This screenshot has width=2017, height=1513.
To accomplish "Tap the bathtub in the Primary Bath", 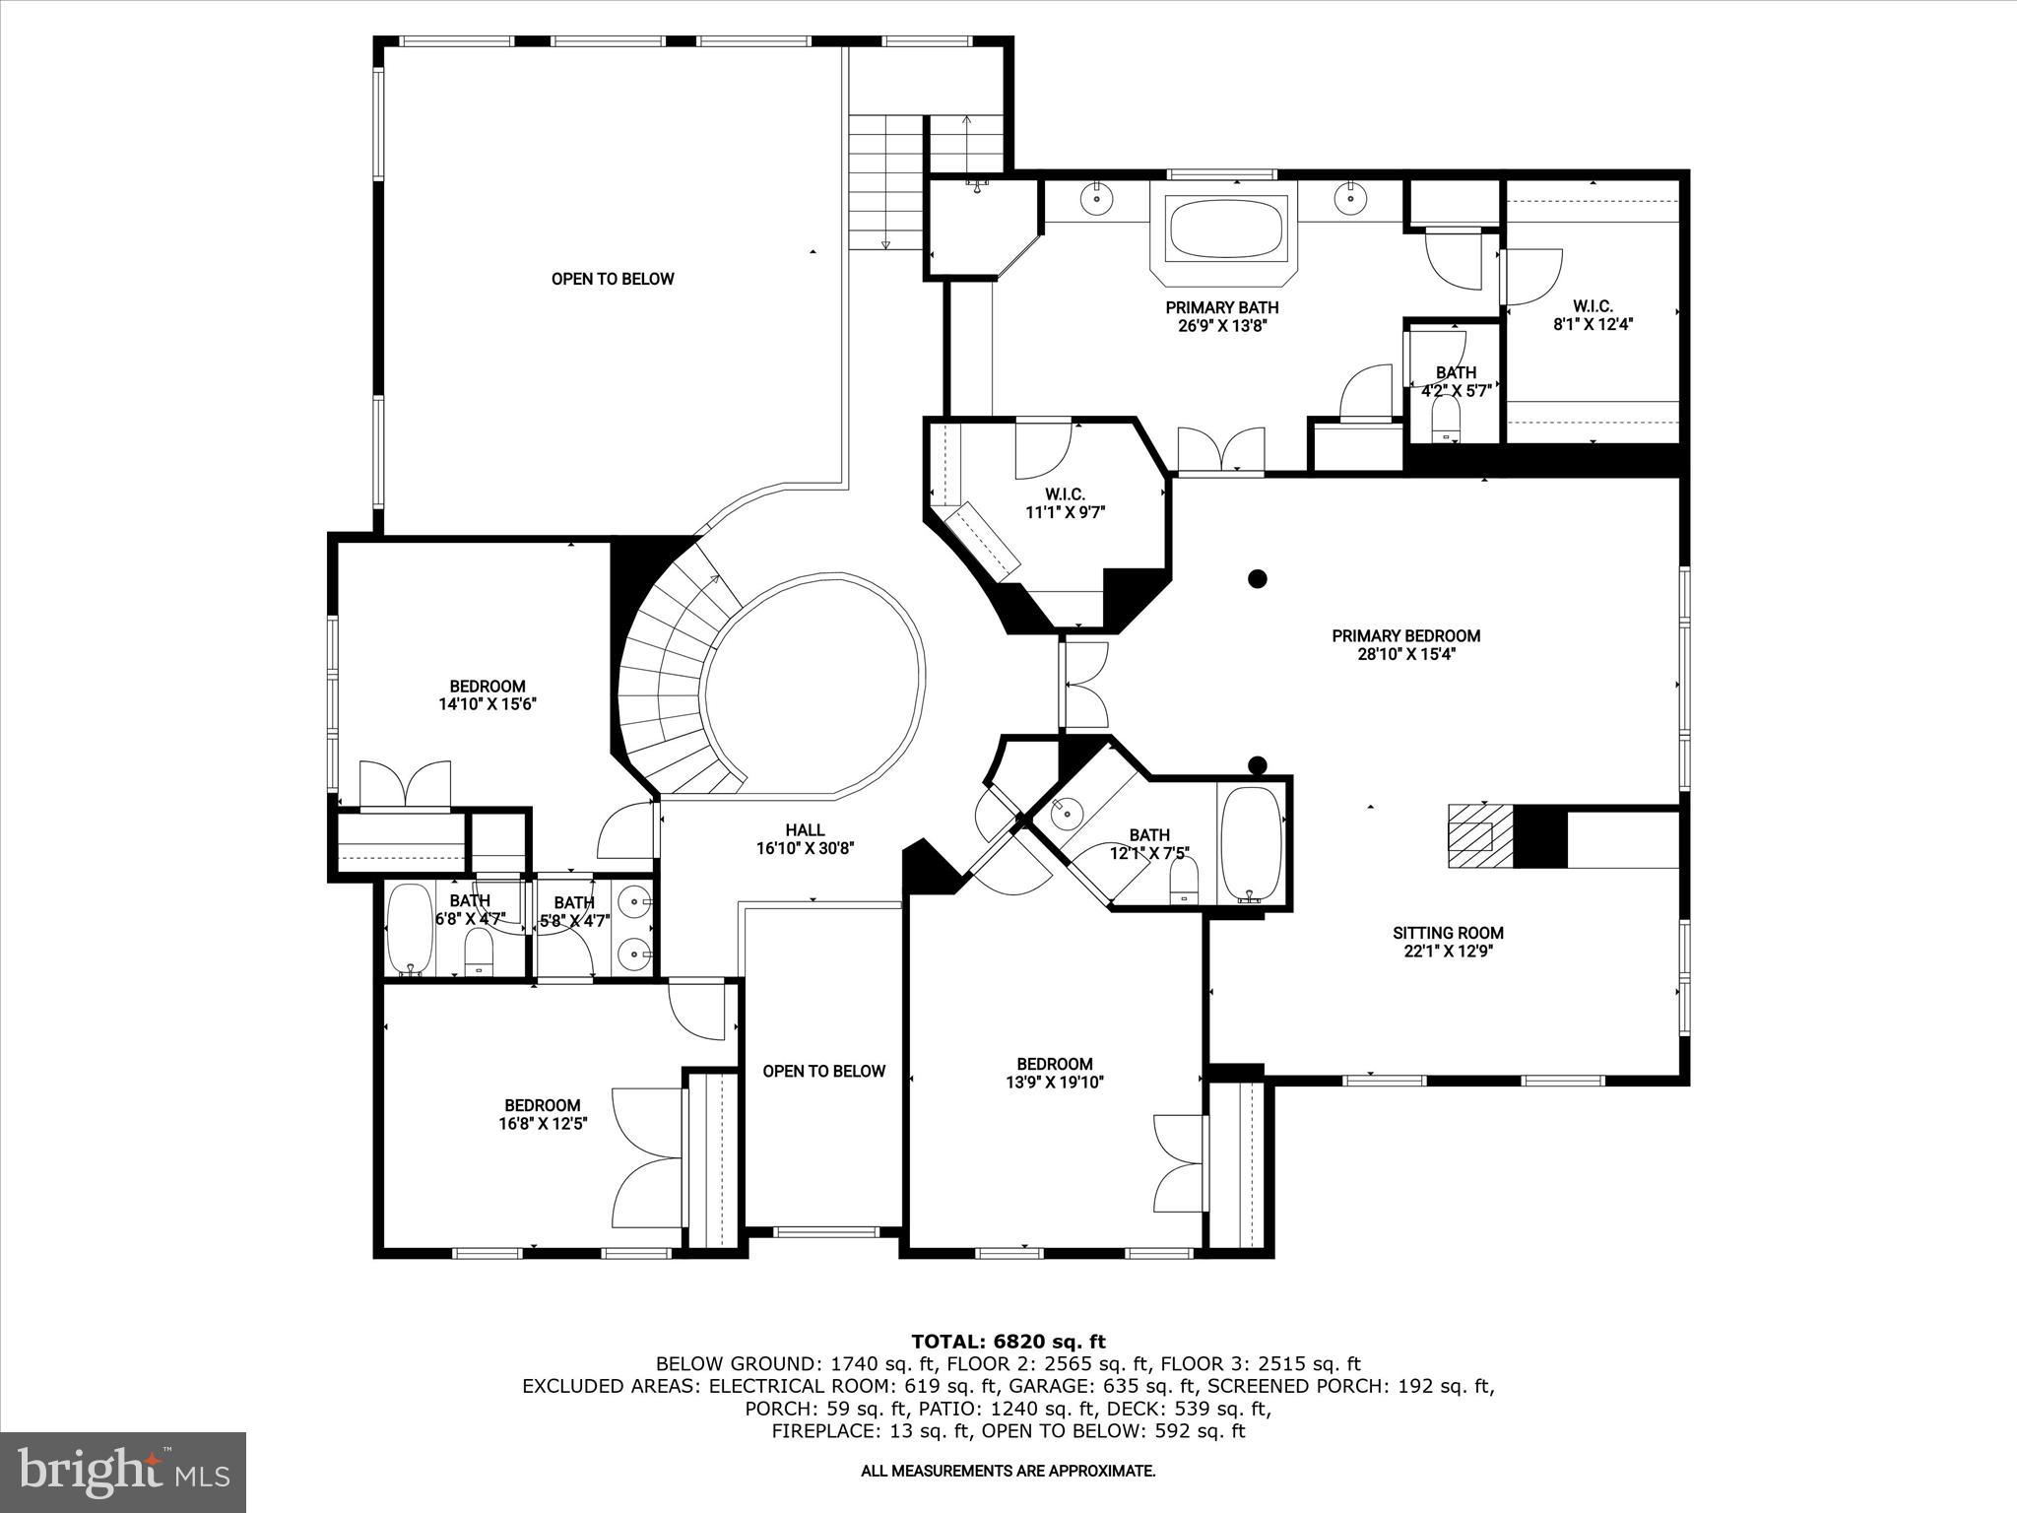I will pos(1226,228).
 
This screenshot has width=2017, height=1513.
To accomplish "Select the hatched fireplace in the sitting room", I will pos(1479,835).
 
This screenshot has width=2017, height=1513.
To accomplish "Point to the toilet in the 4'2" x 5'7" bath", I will pos(1445,426).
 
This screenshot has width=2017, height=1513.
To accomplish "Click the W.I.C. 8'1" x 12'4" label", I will pos(1593,314).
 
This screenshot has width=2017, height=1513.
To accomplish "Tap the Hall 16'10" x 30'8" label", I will pos(805,839).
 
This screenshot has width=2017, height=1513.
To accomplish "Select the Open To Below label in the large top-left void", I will pos(613,279).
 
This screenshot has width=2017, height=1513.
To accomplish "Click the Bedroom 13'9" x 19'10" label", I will pos(1055,1073).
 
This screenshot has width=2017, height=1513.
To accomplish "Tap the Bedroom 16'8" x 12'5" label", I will pos(543,1114).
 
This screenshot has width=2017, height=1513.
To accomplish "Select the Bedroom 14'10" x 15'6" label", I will pos(488,695).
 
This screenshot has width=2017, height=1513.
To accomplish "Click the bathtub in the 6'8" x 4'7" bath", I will pos(409,928).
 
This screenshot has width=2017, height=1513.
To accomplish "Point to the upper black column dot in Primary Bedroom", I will pos(1258,579).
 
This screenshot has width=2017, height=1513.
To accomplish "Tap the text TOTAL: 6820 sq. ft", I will pos(1008,1342).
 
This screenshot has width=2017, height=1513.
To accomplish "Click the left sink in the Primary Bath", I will pos(1097,198).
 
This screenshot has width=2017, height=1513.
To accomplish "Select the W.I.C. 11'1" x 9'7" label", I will pos(1065,502).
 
